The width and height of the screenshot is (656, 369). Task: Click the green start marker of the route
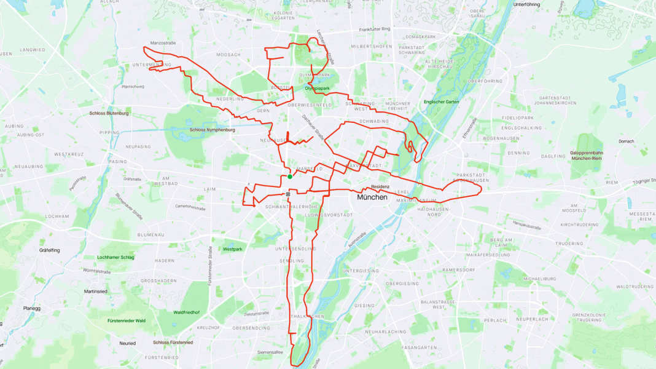pos(290,177)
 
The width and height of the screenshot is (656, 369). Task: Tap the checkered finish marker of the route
pos(287,194)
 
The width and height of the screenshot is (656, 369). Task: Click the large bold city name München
pos(372,197)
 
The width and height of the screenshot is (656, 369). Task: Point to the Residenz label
pos(380,186)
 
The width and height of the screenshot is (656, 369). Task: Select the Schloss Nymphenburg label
pos(212,130)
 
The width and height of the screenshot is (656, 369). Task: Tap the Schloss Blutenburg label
pos(109,114)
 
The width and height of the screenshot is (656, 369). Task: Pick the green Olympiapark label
pos(317,89)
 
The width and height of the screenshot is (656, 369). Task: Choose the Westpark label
pos(233,249)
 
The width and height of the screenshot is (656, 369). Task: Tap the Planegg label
pos(31,308)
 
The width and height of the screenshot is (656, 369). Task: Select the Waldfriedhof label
pos(186,312)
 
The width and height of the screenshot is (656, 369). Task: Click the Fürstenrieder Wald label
pos(127,320)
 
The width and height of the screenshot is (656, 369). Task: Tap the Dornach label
pos(626,141)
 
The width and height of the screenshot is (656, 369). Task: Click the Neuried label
pos(127,343)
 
